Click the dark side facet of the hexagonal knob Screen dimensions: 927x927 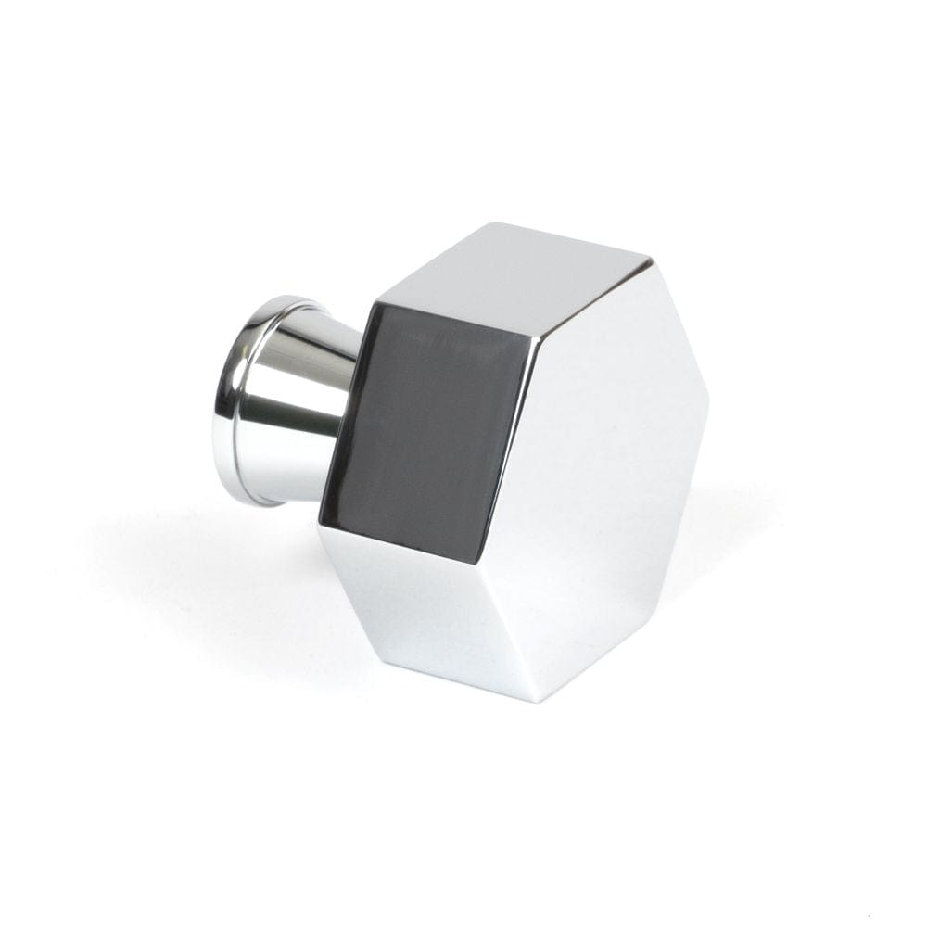click(426, 426)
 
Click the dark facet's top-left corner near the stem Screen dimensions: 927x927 click(371, 301)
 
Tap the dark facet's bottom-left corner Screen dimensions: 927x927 click(320, 524)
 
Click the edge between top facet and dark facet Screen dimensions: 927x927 click(454, 320)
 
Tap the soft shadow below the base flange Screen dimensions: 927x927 click(232, 556)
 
